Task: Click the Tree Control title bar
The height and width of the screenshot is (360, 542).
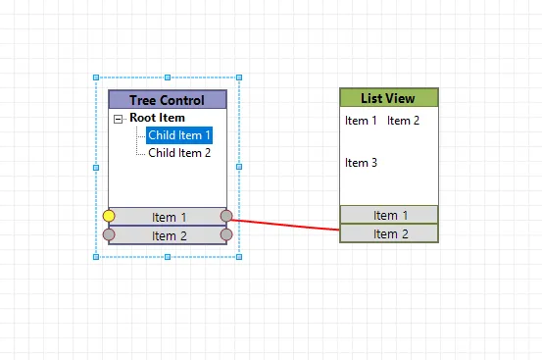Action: pos(167,100)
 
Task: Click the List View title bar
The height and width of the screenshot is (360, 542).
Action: pos(388,98)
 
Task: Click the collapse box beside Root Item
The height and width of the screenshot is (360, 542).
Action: pos(119,119)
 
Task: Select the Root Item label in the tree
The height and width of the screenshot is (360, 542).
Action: pos(157,119)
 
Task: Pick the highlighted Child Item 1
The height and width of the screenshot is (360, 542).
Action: pos(179,135)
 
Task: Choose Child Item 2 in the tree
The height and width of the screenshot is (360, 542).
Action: pos(179,153)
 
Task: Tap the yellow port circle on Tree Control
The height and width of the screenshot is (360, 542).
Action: pos(109,216)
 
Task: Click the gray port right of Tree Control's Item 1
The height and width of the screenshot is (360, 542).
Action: pos(226,216)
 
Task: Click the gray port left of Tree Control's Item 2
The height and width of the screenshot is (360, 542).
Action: pos(109,234)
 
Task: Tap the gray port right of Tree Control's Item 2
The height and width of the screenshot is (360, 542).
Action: pos(226,234)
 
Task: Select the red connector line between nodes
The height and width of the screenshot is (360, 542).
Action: pos(284,224)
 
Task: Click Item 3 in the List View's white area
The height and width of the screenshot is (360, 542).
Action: pos(361,163)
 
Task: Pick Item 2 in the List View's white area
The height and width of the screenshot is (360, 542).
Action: pos(403,121)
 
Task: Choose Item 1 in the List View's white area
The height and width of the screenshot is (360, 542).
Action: pos(361,121)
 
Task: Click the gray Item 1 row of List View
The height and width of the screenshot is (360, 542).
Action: pos(389,215)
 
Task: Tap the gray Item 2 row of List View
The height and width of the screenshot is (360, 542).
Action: pos(389,233)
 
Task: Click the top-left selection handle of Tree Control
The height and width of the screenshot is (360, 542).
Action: pos(96,77)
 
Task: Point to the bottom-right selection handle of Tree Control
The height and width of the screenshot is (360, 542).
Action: pos(239,256)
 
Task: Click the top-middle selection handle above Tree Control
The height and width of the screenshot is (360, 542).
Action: pos(168,77)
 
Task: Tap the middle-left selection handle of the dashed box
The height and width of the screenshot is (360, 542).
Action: pos(96,167)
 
